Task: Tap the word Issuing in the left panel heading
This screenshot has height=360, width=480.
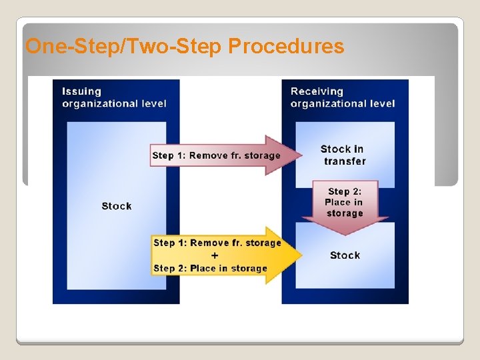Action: pyautogui.click(x=82, y=91)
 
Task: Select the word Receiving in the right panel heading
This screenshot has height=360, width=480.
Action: pyautogui.click(x=317, y=91)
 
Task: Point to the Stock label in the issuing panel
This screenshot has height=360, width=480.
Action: pyautogui.click(x=117, y=206)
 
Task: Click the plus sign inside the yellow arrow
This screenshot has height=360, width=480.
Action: pyautogui.click(x=214, y=255)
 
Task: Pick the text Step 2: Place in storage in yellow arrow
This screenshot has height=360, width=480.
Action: pyautogui.click(x=210, y=268)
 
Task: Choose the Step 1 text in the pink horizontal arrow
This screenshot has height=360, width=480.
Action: pyautogui.click(x=216, y=155)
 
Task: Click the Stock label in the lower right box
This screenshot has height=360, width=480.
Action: pyautogui.click(x=345, y=255)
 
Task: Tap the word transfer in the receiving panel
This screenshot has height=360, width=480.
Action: pyautogui.click(x=345, y=161)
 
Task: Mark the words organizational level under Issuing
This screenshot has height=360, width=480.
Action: pyautogui.click(x=114, y=103)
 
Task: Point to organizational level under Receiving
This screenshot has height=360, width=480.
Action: pyautogui.click(x=343, y=103)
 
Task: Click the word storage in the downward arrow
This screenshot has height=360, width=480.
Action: pyautogui.click(x=345, y=213)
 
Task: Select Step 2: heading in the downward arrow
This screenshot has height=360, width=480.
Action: pyautogui.click(x=345, y=191)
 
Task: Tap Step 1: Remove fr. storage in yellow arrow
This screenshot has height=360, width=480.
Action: pyautogui.click(x=217, y=243)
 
